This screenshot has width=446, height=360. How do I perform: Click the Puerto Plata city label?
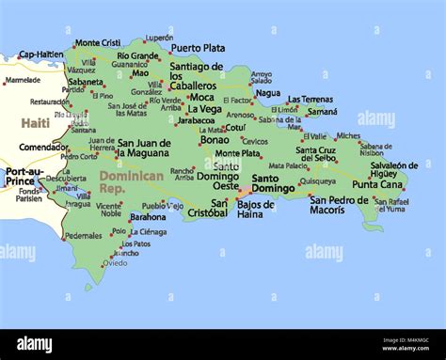(198, 47)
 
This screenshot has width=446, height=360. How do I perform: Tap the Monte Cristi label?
(97, 43)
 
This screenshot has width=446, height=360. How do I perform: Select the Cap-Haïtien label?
(40, 55)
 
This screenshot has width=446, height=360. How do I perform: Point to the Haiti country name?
(36, 123)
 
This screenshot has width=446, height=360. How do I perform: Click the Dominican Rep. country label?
(131, 180)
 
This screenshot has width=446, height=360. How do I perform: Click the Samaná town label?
(323, 112)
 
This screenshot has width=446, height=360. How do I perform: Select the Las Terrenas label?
(310, 99)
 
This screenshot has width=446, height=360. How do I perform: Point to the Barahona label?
(148, 217)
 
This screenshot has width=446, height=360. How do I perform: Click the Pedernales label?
(84, 236)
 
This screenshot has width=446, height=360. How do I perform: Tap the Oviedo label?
(116, 263)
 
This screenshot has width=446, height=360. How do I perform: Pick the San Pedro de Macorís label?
(339, 204)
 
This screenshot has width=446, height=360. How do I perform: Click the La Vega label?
(204, 109)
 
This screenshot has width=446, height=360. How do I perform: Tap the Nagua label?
(267, 93)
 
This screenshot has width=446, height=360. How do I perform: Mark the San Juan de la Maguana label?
(144, 148)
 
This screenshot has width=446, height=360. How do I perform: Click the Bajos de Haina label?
(256, 209)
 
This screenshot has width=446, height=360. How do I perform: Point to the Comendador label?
(44, 147)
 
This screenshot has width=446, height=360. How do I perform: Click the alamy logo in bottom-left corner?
(33, 344)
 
